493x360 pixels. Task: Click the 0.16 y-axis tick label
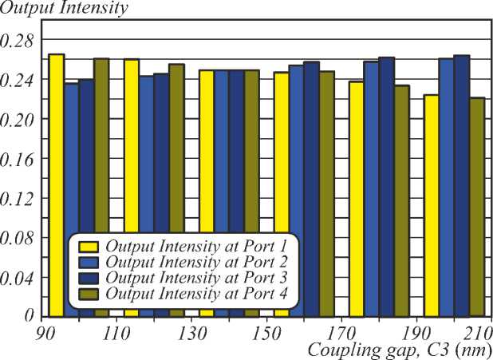click(x=18, y=158)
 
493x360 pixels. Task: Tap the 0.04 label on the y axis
click(x=18, y=278)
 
